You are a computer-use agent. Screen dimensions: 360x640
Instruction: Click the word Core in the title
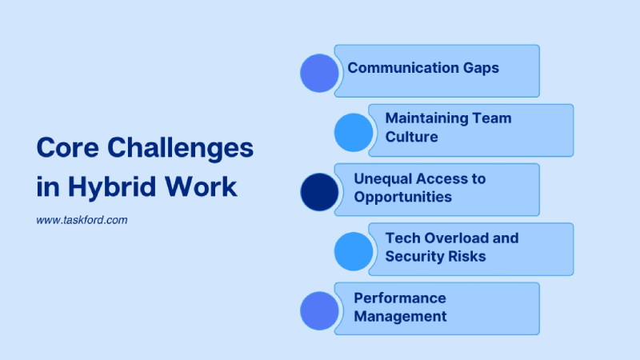pos(66,148)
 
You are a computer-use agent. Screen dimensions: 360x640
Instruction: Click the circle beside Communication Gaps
pos(319,73)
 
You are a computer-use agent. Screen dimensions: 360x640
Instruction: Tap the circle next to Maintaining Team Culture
pos(354,133)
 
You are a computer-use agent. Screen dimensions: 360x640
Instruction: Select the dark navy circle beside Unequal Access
pos(319,192)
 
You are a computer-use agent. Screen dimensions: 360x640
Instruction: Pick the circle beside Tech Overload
pos(354,251)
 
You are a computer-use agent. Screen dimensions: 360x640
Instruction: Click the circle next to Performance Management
pos(319,310)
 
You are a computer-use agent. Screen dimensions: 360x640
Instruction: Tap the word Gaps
pos(479,68)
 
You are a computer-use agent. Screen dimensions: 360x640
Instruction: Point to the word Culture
pos(411,137)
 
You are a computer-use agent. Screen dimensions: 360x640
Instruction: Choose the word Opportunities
pos(402,197)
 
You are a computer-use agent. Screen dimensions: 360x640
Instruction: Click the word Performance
pos(400,298)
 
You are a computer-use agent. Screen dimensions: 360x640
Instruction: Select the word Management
pos(400,316)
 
